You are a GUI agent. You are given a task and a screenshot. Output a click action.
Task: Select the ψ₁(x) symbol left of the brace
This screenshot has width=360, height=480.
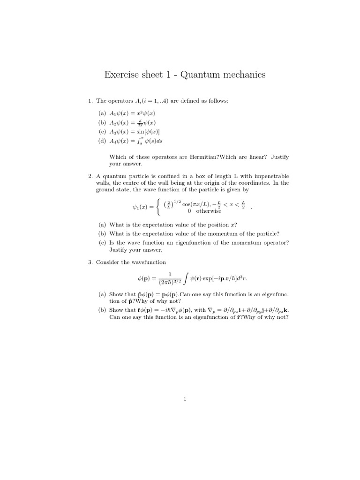tap(142, 207)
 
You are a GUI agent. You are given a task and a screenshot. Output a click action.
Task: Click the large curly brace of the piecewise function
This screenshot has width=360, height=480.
tap(160, 207)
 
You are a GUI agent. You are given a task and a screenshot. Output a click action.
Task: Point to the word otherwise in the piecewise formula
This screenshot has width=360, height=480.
tap(209, 211)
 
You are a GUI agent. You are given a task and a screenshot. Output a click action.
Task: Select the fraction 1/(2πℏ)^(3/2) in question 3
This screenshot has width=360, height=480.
tap(169, 278)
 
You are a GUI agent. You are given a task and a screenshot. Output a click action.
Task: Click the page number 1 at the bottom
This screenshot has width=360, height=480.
tap(186, 399)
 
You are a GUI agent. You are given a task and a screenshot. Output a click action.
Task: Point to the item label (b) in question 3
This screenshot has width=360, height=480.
tap(102, 310)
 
